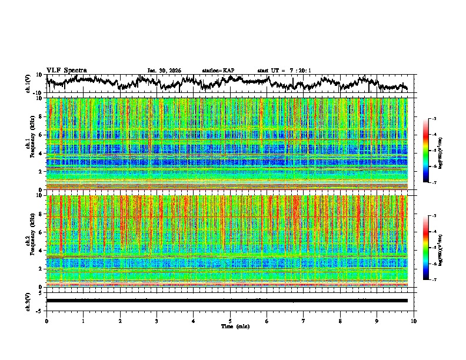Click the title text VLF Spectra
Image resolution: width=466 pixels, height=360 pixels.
66,70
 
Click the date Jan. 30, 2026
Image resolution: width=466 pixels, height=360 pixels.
164,71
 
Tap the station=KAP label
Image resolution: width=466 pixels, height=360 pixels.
218,71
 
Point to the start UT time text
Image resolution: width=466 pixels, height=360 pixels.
284,71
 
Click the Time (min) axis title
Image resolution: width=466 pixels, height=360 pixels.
230,326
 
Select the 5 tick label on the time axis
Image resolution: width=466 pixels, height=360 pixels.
230,321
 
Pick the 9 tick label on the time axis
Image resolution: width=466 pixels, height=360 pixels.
377,321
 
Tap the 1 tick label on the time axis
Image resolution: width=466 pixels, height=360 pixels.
83,321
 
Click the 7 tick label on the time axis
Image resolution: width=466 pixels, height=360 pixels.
304,321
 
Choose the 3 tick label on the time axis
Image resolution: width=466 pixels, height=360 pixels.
157,321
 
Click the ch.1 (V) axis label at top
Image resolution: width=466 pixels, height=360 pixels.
28,84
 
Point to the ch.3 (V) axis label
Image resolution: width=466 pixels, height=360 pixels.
28,300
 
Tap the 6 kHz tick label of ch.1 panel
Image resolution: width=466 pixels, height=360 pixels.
42,135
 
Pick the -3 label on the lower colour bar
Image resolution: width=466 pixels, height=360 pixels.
434,216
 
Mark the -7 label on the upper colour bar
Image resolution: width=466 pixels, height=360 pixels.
434,182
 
